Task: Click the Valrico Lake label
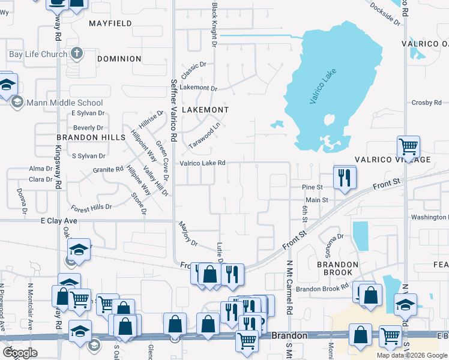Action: (323, 87)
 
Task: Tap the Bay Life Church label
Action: (37, 54)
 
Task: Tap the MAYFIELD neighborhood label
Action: (110, 23)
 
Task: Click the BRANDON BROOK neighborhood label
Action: (337, 268)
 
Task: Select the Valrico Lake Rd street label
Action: (203, 163)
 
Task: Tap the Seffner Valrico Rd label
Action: (173, 110)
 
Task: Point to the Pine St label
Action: (312, 187)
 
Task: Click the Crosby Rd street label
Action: (426, 103)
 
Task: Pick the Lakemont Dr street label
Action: (197, 88)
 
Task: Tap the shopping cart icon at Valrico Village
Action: (408, 146)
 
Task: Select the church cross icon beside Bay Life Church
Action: (76, 54)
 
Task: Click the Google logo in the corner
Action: (20, 352)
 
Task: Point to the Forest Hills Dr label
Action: (91, 207)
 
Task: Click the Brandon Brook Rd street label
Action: (322, 289)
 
